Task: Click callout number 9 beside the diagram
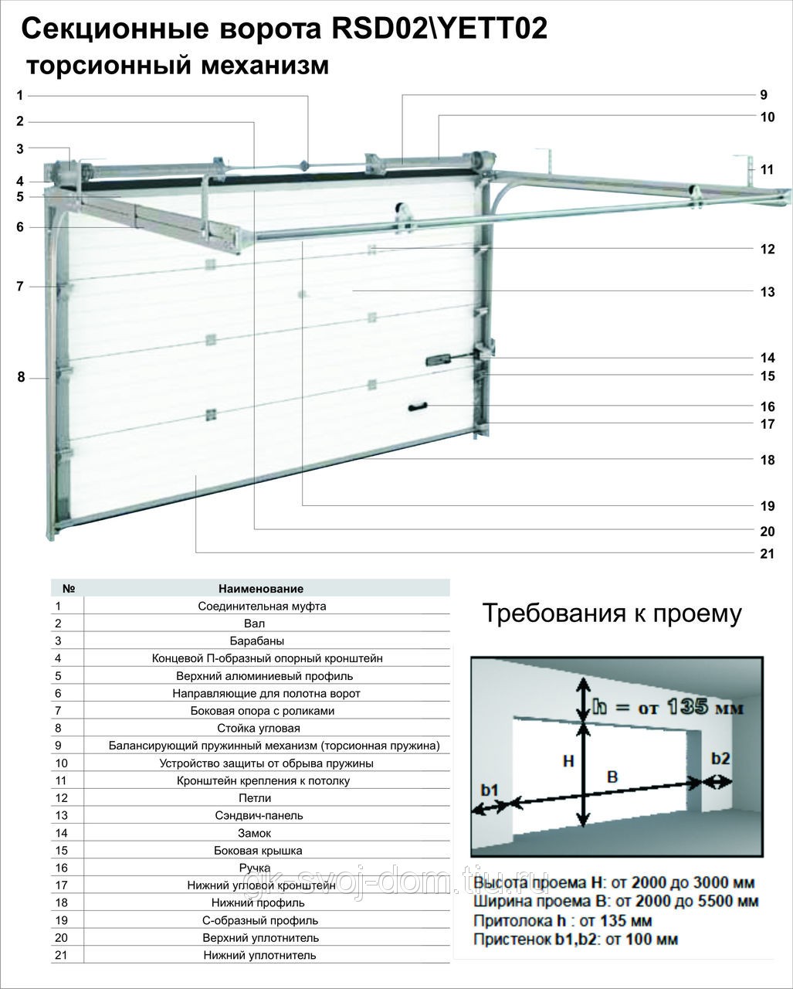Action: [x=763, y=95]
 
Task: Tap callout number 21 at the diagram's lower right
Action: [x=767, y=553]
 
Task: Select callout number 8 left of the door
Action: [x=21, y=377]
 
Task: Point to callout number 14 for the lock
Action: [x=767, y=358]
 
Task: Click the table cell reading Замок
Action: [x=266, y=833]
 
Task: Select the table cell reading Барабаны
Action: [x=266, y=641]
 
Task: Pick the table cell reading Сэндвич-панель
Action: [x=266, y=815]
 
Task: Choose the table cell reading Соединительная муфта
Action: [x=266, y=606]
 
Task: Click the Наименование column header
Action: [x=266, y=588]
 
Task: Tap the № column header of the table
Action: [x=67, y=588]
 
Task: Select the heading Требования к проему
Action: [x=612, y=613]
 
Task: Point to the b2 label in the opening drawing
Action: [x=720, y=759]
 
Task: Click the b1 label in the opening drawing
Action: [x=490, y=790]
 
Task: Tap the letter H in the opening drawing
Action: [x=568, y=760]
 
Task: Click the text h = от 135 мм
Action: [x=667, y=706]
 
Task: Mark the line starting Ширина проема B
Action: [x=615, y=902]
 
